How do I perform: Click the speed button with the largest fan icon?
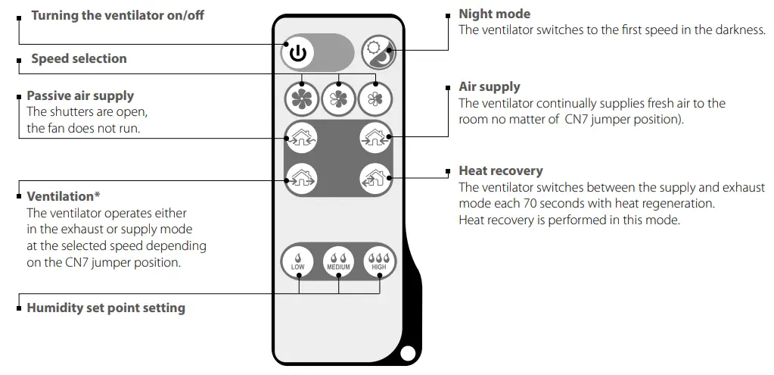pyautogui.click(x=302, y=97)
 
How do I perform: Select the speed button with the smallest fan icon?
pyautogui.click(x=376, y=97)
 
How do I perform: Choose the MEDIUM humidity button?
pyautogui.click(x=338, y=261)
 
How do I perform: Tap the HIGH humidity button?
pyautogui.click(x=378, y=261)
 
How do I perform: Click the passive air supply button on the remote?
pyautogui.click(x=300, y=138)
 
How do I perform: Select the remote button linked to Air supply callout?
pyautogui.click(x=376, y=138)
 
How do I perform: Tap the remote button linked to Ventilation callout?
pyautogui.click(x=300, y=180)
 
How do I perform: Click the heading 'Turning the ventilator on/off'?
pyautogui.click(x=117, y=15)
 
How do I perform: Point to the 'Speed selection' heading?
pyautogui.click(x=79, y=58)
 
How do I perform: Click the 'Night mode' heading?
pyautogui.click(x=494, y=14)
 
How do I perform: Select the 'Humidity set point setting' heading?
pyautogui.click(x=105, y=308)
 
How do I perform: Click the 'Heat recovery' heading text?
pyautogui.click(x=500, y=171)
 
